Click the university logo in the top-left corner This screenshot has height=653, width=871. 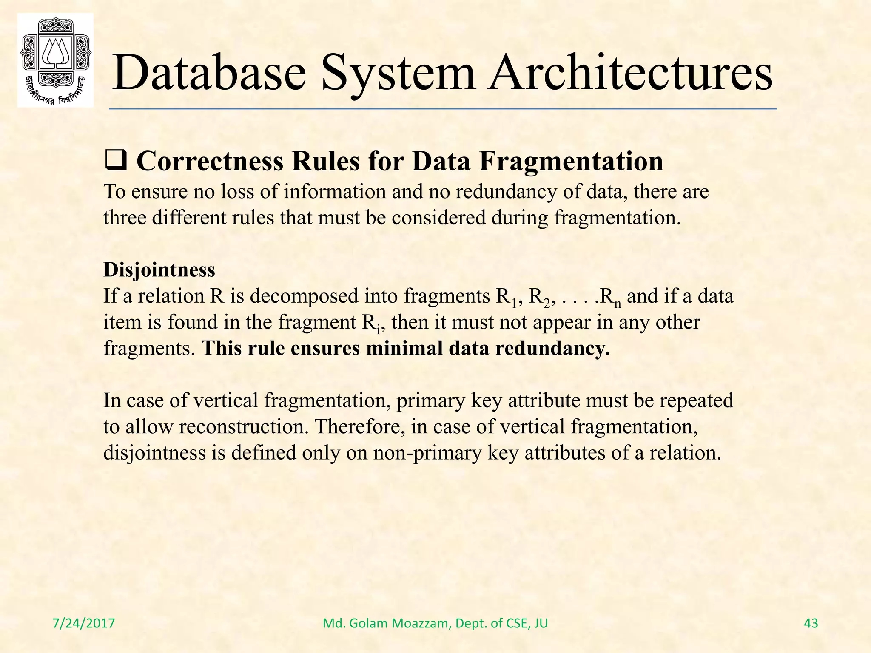[x=55, y=60]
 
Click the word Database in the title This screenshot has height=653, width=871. [x=209, y=73]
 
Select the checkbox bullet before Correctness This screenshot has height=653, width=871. [x=115, y=162]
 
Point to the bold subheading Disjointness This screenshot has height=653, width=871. [x=159, y=270]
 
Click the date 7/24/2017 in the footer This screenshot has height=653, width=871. [x=84, y=623]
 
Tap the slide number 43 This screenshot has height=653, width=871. [x=811, y=623]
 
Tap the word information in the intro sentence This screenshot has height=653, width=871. [x=335, y=192]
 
